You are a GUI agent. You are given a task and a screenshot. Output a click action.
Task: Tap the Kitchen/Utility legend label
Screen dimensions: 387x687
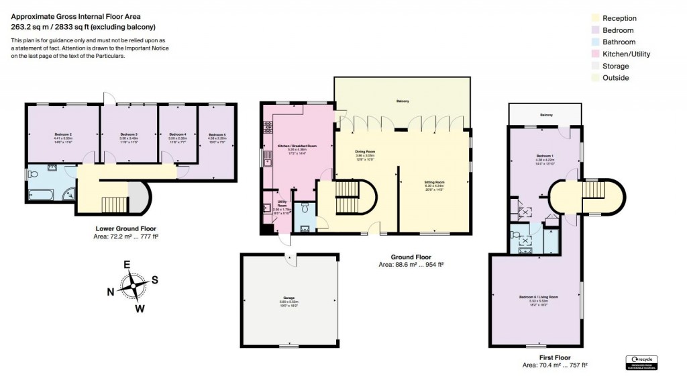click(x=626, y=54)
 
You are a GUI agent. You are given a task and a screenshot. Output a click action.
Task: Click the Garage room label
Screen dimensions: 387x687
click(x=289, y=298)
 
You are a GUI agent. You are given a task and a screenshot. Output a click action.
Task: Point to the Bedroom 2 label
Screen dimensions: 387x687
click(x=63, y=134)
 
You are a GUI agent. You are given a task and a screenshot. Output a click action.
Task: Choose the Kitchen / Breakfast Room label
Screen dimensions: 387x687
click(x=297, y=146)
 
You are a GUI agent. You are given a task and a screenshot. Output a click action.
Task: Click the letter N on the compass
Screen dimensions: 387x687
click(x=111, y=291)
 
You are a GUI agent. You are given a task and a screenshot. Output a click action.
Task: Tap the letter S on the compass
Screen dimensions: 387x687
click(x=154, y=279)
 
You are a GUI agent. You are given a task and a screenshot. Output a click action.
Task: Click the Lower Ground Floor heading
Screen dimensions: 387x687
click(x=127, y=228)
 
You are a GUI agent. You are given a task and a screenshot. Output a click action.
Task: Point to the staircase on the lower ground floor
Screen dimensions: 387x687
click(x=113, y=204)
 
